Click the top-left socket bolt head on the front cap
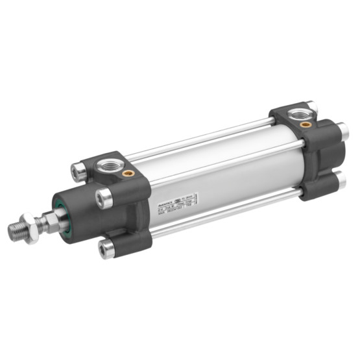[x=78, y=171]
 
